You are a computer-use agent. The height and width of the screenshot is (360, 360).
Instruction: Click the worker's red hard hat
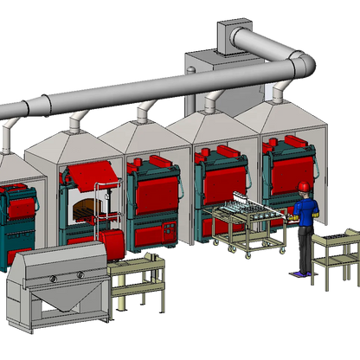304,186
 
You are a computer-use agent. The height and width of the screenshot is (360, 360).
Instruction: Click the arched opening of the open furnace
84,206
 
